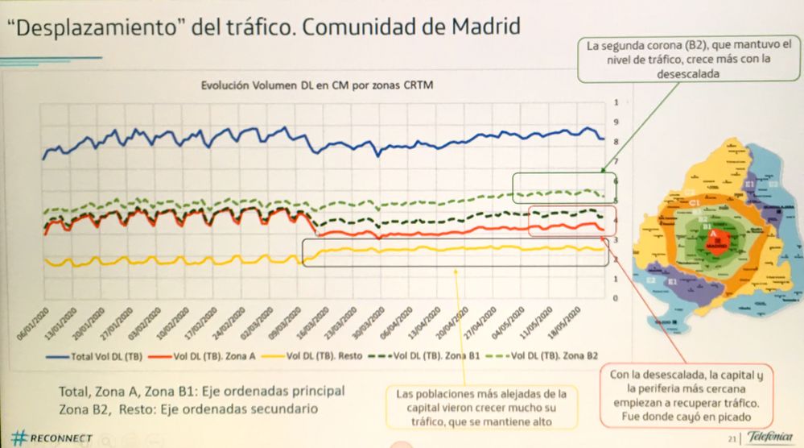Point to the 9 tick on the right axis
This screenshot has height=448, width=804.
616,122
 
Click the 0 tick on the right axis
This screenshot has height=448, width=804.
616,297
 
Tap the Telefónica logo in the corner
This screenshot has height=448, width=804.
769,436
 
